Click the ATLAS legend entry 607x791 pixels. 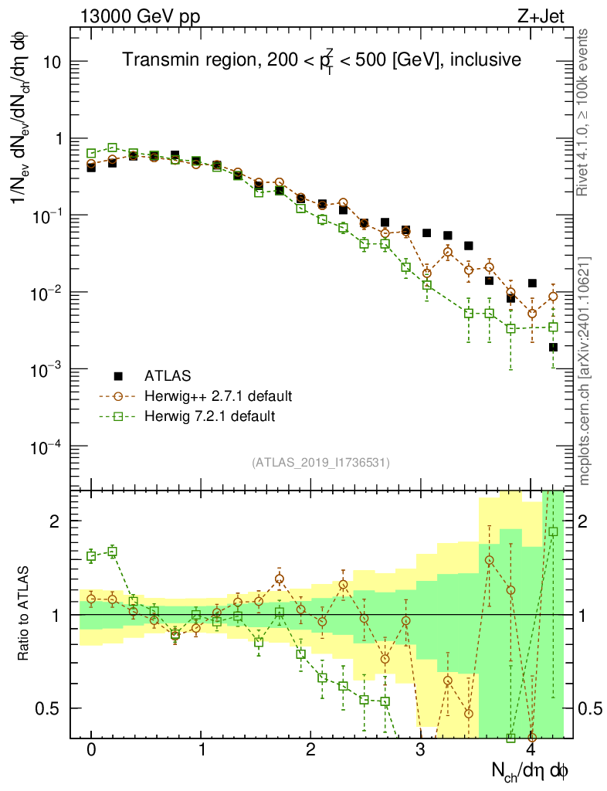point(165,376)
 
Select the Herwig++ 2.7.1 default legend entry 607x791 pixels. point(218,396)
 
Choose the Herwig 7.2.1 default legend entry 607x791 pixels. point(210,416)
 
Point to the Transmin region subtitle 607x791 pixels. point(322,59)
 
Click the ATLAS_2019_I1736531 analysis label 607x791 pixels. point(320,463)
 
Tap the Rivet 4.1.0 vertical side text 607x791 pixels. point(585,111)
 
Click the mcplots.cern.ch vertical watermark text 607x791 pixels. point(585,370)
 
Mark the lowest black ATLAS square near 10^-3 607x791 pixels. point(553,347)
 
